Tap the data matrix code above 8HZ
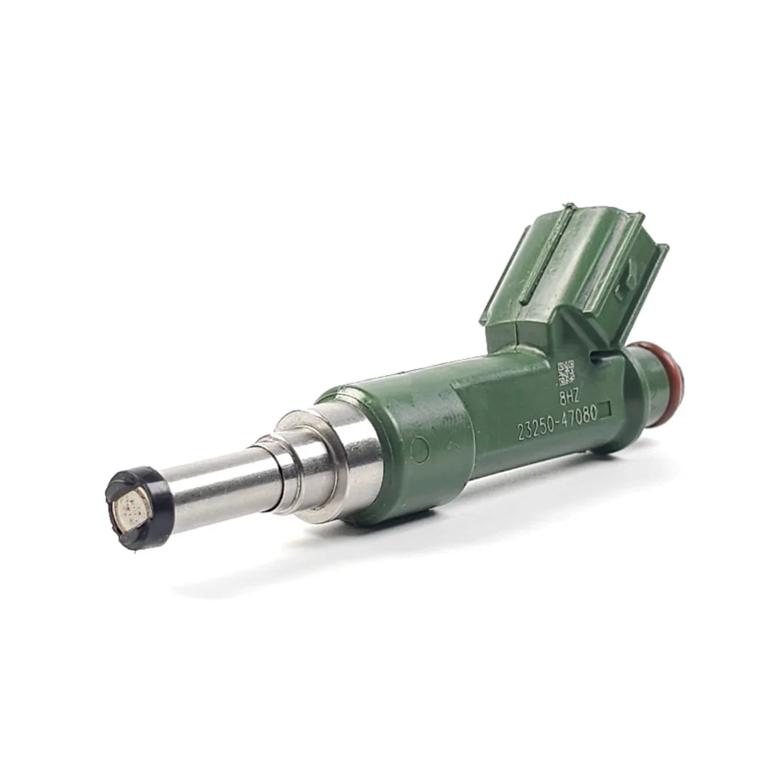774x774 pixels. [x=566, y=373]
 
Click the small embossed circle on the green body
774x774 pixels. [x=419, y=449]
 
